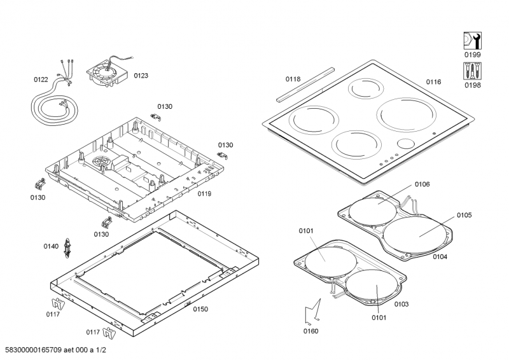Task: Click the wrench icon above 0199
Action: tap(472, 41)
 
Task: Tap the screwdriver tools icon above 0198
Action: tap(472, 71)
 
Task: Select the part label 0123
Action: tap(141, 76)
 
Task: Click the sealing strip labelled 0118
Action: tap(305, 85)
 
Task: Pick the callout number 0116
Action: tap(433, 82)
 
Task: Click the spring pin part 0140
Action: tap(67, 248)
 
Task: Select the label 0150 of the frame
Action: tap(200, 309)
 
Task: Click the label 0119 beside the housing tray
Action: tap(204, 194)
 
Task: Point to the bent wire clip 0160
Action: tap(313, 311)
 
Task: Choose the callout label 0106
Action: tap(422, 184)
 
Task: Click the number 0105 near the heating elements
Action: tap(464, 215)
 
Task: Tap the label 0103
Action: tap(401, 304)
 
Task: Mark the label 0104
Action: tap(440, 257)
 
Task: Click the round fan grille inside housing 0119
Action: tap(102, 162)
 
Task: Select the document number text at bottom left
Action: tap(55, 350)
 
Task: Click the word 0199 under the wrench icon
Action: tap(472, 55)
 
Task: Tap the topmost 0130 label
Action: tap(165, 106)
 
